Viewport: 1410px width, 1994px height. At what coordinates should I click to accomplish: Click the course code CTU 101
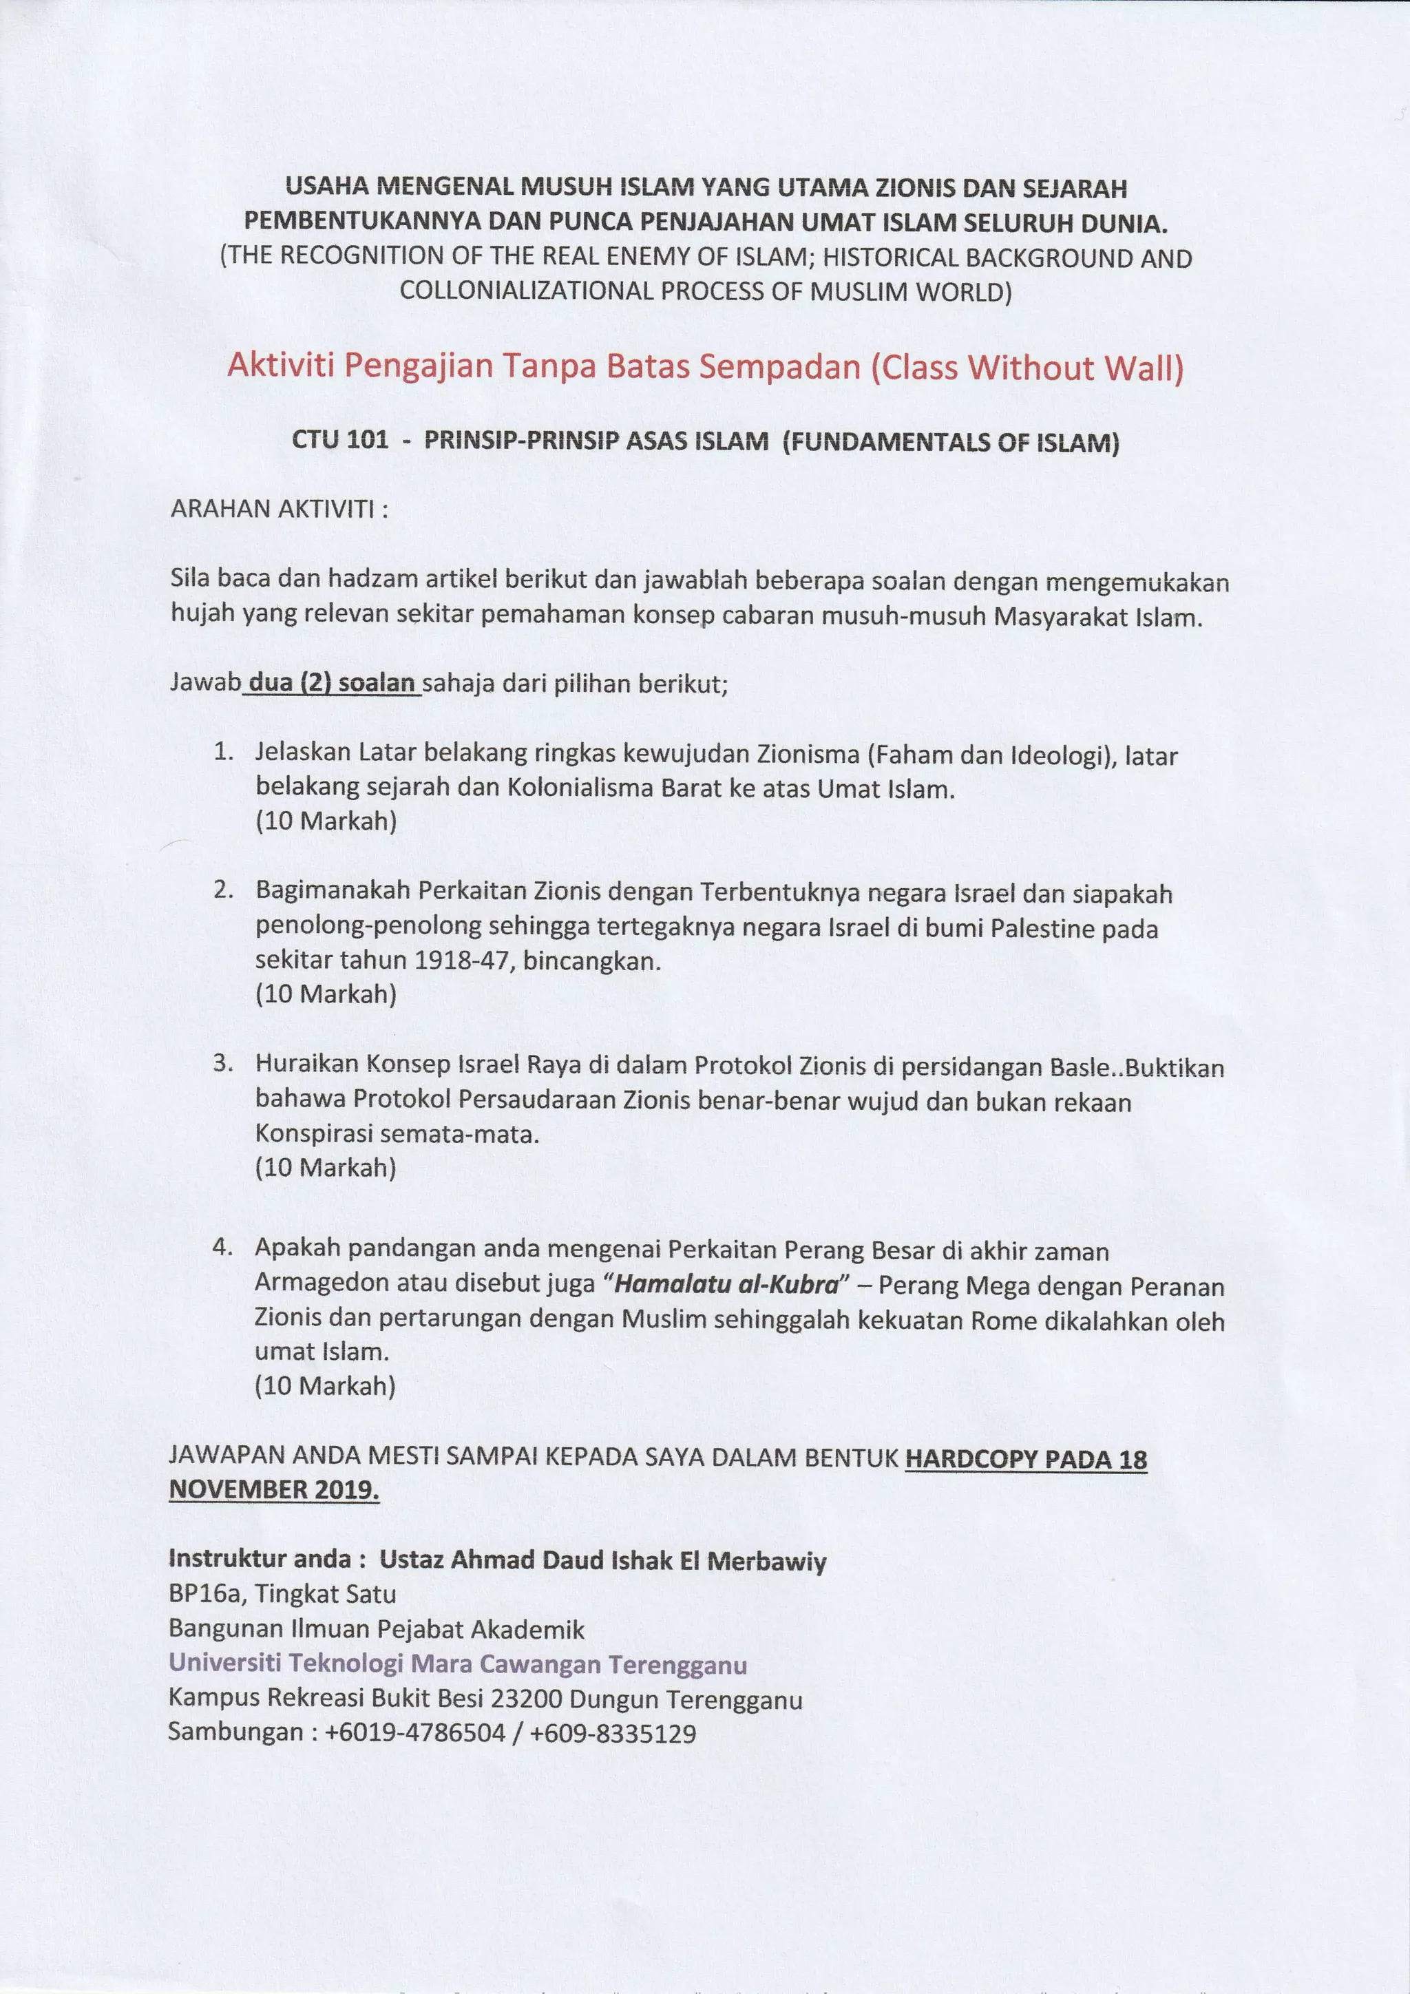pyautogui.click(x=339, y=441)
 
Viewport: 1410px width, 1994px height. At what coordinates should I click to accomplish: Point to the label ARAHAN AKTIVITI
pyautogui.click(x=279, y=509)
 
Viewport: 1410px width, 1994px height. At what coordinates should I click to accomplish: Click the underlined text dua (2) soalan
pyautogui.click(x=333, y=684)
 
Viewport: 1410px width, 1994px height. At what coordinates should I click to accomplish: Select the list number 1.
pyautogui.click(x=224, y=753)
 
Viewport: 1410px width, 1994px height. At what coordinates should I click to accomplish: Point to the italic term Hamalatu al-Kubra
pyautogui.click(x=726, y=1284)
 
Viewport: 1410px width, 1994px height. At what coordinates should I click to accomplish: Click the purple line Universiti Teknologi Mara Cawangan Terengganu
pyautogui.click(x=458, y=1664)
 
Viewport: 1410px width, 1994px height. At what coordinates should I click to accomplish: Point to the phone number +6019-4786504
pyautogui.click(x=415, y=1734)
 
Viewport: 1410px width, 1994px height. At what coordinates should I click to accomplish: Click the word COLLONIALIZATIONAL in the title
pyautogui.click(x=525, y=291)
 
